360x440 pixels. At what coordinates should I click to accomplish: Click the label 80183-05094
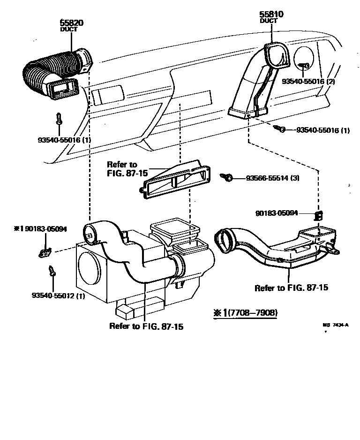point(283,212)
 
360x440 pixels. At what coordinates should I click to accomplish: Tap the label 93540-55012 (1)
point(59,295)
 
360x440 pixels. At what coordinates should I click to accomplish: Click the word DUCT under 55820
point(68,29)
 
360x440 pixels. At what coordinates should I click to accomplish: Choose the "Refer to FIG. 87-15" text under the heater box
point(146,326)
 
